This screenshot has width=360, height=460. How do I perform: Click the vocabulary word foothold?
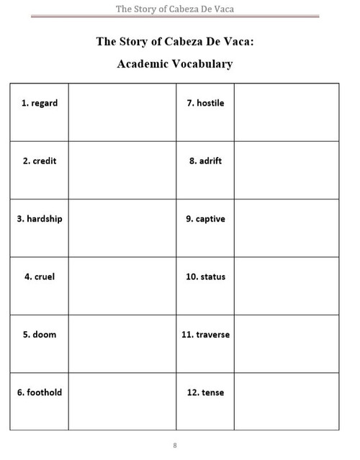[x=40, y=392]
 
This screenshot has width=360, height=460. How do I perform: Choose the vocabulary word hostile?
[x=210, y=103]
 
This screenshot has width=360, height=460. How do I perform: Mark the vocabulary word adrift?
[x=210, y=161]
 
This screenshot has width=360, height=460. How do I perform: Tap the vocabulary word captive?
[x=210, y=219]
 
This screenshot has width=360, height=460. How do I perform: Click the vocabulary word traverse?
[x=210, y=335]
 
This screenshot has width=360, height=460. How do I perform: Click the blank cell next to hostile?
[x=287, y=112]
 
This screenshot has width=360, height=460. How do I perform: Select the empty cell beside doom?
[x=122, y=343]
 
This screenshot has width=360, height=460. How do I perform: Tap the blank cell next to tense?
[x=287, y=401]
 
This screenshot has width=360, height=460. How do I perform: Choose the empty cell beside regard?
[x=122, y=112]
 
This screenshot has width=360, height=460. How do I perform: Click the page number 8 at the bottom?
[x=175, y=444]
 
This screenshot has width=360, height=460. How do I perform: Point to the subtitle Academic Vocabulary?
[x=175, y=63]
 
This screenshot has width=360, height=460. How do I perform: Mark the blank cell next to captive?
[x=287, y=227]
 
